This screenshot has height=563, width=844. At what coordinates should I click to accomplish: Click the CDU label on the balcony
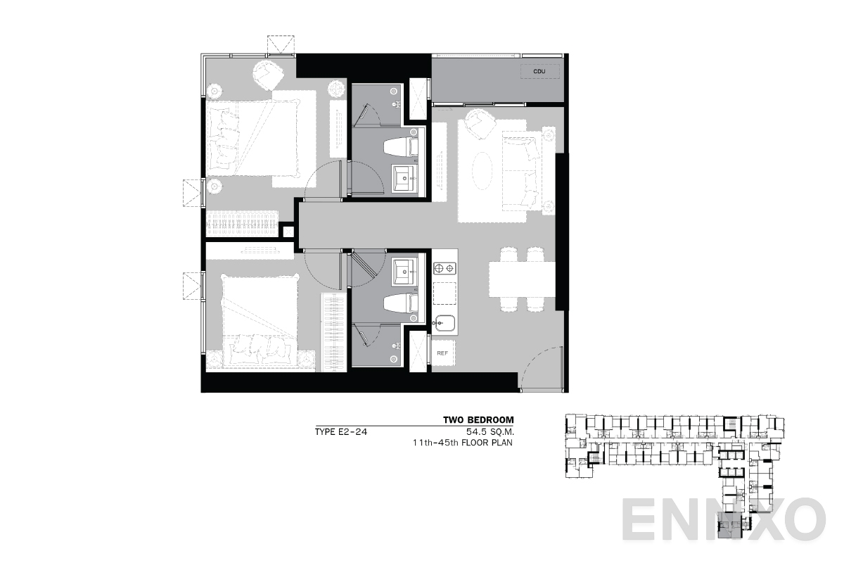coord(539,71)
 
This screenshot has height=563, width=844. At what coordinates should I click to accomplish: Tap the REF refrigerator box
coord(442,353)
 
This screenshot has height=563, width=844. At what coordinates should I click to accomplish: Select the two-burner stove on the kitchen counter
coord(445,268)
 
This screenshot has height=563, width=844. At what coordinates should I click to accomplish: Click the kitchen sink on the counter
coord(445,324)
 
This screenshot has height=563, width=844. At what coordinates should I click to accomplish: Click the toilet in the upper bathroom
coord(401,146)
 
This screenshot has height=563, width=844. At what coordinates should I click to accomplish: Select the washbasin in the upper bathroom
coord(404,179)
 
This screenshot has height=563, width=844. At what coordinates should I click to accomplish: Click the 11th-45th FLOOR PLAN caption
coord(463,444)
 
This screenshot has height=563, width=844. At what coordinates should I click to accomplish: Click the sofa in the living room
coord(521,170)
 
